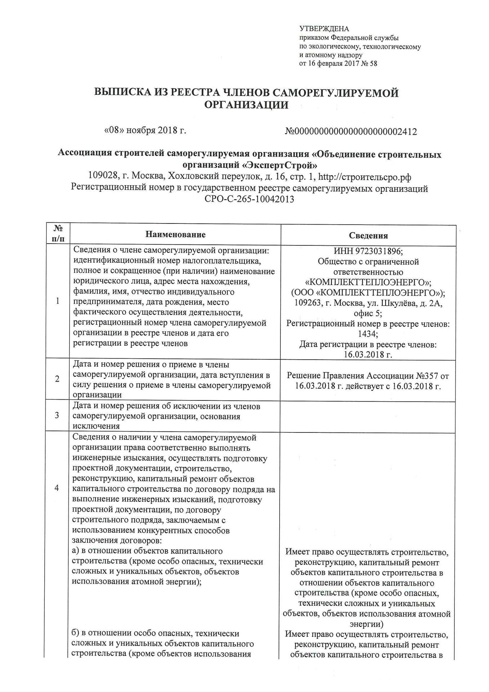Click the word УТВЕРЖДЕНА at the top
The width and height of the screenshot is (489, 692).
(324, 29)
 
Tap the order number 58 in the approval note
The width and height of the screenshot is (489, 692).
(373, 64)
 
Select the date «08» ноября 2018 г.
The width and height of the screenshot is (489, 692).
(145, 130)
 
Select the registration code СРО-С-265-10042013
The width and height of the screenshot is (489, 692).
(249, 199)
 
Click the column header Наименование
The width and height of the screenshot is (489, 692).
(175, 235)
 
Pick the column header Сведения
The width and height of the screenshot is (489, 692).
(368, 236)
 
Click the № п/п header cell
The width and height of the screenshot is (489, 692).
(58, 234)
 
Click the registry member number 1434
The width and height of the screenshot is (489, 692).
(368, 334)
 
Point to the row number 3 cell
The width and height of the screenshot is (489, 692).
(57, 415)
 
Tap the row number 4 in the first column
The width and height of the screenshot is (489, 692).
(57, 488)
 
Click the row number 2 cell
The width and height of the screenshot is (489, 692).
(57, 379)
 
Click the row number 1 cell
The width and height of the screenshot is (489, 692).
(58, 301)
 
